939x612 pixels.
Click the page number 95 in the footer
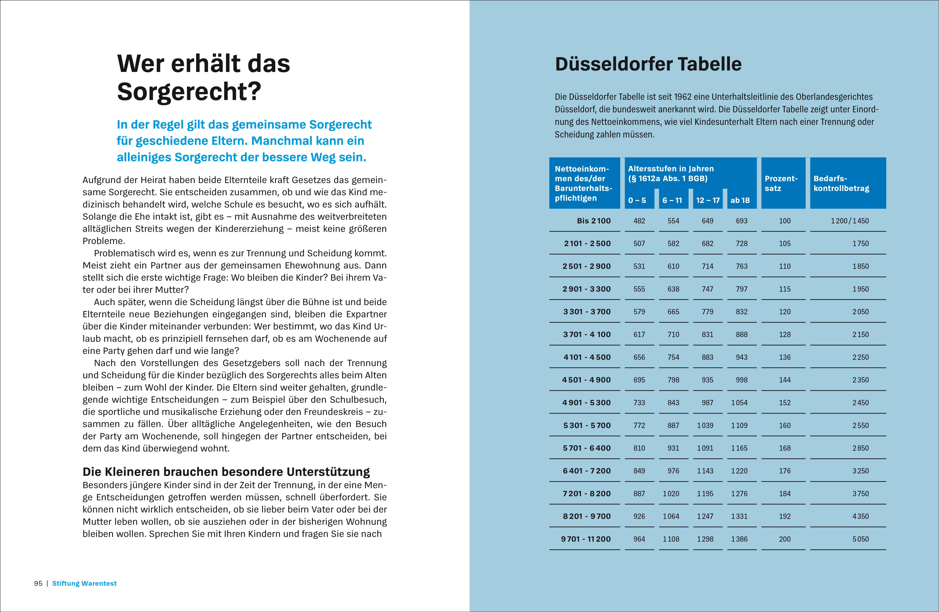coord(38,583)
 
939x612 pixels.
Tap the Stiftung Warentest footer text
coord(84,583)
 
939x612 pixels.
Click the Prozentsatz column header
coord(781,183)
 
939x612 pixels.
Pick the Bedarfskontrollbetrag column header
coord(841,183)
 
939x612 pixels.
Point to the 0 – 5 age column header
coord(637,200)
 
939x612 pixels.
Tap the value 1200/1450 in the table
coord(849,221)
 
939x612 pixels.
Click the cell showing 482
coord(639,221)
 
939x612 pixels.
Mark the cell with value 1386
coord(739,539)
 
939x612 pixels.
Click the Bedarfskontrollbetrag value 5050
coord(861,539)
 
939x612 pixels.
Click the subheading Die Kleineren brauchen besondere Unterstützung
coord(226,472)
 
